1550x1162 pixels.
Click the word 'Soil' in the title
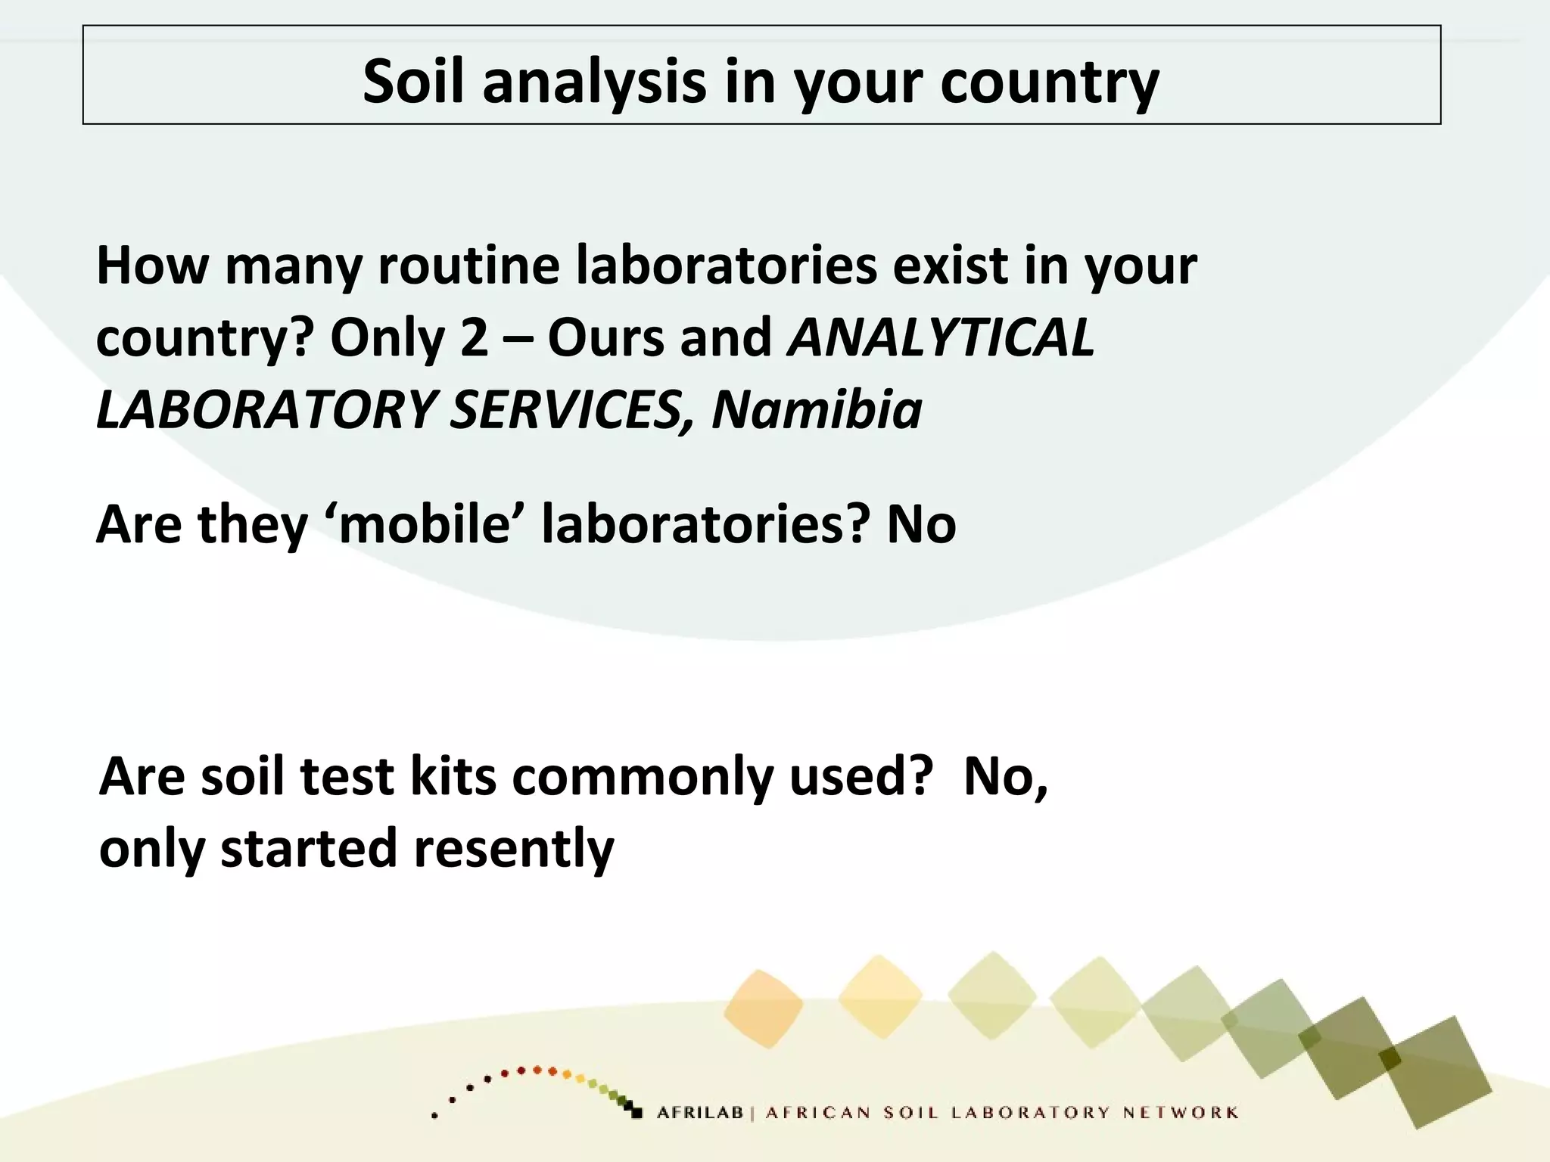412,81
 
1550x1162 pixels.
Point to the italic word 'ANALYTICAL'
941,337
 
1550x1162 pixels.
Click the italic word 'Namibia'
817,410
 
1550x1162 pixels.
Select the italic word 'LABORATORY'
265,410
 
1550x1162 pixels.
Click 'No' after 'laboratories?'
921,524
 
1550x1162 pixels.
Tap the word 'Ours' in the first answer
605,337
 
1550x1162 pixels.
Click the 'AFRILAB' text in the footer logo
700,1113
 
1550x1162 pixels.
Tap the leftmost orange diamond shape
763,1008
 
